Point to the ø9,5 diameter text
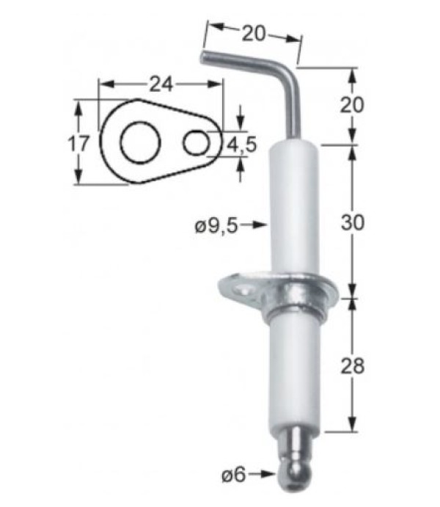point(216,227)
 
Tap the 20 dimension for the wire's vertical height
point(353,105)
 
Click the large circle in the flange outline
point(138,143)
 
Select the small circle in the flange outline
point(196,142)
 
